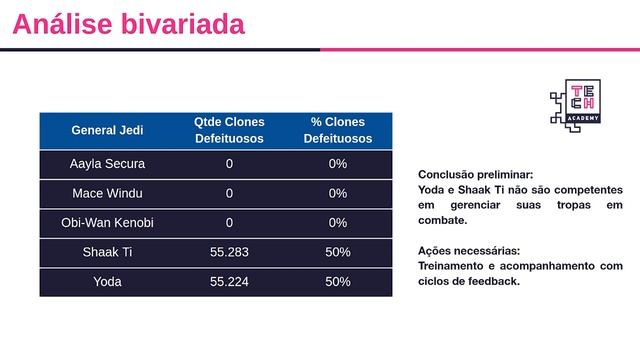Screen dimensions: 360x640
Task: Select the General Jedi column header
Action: click(107, 130)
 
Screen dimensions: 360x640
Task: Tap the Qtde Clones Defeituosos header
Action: click(229, 130)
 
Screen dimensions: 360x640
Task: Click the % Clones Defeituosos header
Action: click(337, 130)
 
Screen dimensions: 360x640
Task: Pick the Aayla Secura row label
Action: click(107, 164)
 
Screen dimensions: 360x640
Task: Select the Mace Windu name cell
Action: click(107, 193)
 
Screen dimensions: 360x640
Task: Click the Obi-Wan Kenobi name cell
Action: click(107, 222)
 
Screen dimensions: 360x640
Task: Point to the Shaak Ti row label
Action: click(107, 252)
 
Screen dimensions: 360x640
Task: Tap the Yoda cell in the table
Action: click(107, 281)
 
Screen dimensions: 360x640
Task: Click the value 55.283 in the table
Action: click(229, 252)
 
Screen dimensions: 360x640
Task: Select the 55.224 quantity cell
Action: click(229, 281)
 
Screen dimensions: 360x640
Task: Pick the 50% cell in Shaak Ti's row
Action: click(337, 252)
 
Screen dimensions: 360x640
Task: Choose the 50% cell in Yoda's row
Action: click(337, 281)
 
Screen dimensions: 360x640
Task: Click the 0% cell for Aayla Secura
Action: click(337, 164)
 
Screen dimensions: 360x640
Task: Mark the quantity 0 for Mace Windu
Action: click(229, 193)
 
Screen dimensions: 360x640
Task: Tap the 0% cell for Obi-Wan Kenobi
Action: click(337, 222)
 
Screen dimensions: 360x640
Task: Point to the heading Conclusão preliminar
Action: click(475, 173)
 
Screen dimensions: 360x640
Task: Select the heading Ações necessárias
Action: click(469, 250)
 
